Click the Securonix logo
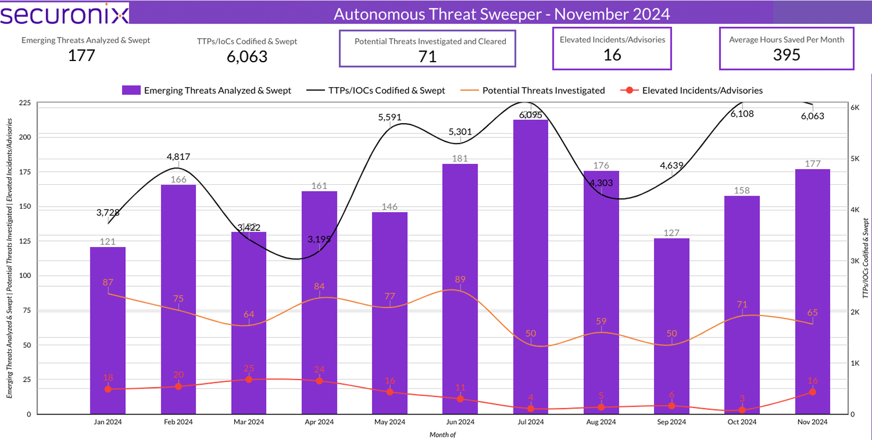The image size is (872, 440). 64,14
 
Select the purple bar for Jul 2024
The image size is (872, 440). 530,267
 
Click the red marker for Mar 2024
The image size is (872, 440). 249,379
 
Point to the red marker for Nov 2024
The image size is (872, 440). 813,392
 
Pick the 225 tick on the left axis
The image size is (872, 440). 25,103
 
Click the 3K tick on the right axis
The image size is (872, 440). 855,261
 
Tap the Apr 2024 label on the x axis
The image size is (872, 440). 319,422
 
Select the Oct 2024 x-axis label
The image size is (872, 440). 742,422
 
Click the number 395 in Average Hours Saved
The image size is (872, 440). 786,55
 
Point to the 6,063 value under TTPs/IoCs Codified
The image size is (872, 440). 247,57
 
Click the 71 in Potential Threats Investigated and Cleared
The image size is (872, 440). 427,57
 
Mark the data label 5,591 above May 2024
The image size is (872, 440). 390,117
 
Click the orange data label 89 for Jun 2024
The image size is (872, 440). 460,280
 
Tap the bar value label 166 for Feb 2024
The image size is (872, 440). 178,179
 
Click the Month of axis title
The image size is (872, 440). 442,435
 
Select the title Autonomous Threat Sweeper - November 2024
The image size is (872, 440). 501,14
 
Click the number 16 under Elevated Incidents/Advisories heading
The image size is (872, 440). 612,55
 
